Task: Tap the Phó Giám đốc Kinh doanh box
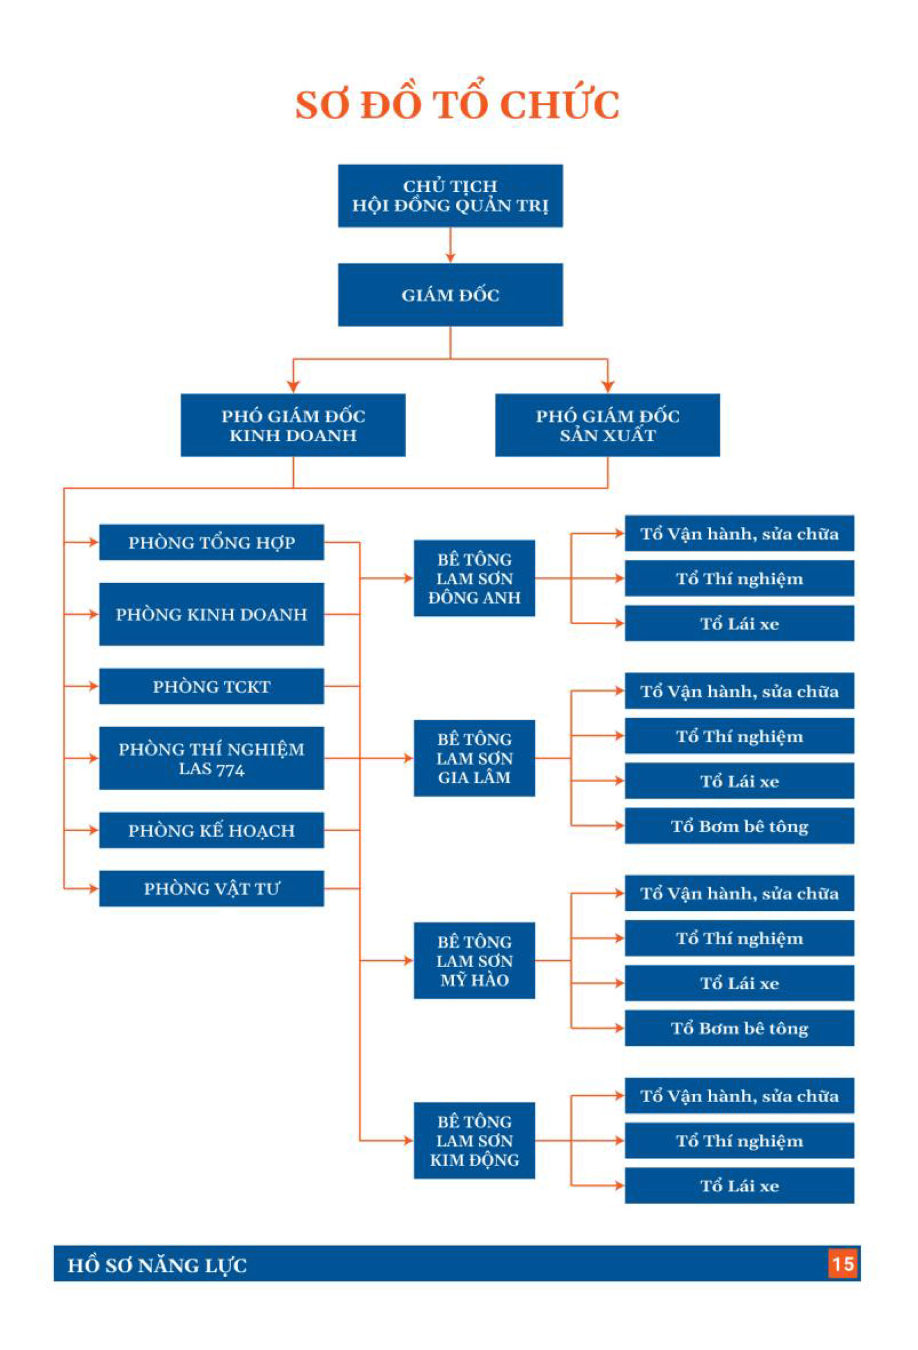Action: click(293, 425)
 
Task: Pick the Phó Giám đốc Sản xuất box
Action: click(607, 425)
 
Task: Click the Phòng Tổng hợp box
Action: click(211, 542)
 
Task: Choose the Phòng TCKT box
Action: click(211, 686)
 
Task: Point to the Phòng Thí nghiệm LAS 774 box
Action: click(211, 758)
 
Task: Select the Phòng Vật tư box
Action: click(211, 888)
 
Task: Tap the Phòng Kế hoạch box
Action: click(211, 830)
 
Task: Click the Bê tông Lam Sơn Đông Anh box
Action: click(474, 578)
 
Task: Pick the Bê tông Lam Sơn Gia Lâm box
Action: click(474, 758)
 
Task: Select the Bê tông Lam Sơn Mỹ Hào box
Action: click(474, 961)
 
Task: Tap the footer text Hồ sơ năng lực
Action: click(157, 1265)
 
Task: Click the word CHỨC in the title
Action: click(560, 105)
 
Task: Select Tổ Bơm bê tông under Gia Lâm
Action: click(739, 825)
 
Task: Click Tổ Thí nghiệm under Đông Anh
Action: click(739, 578)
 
